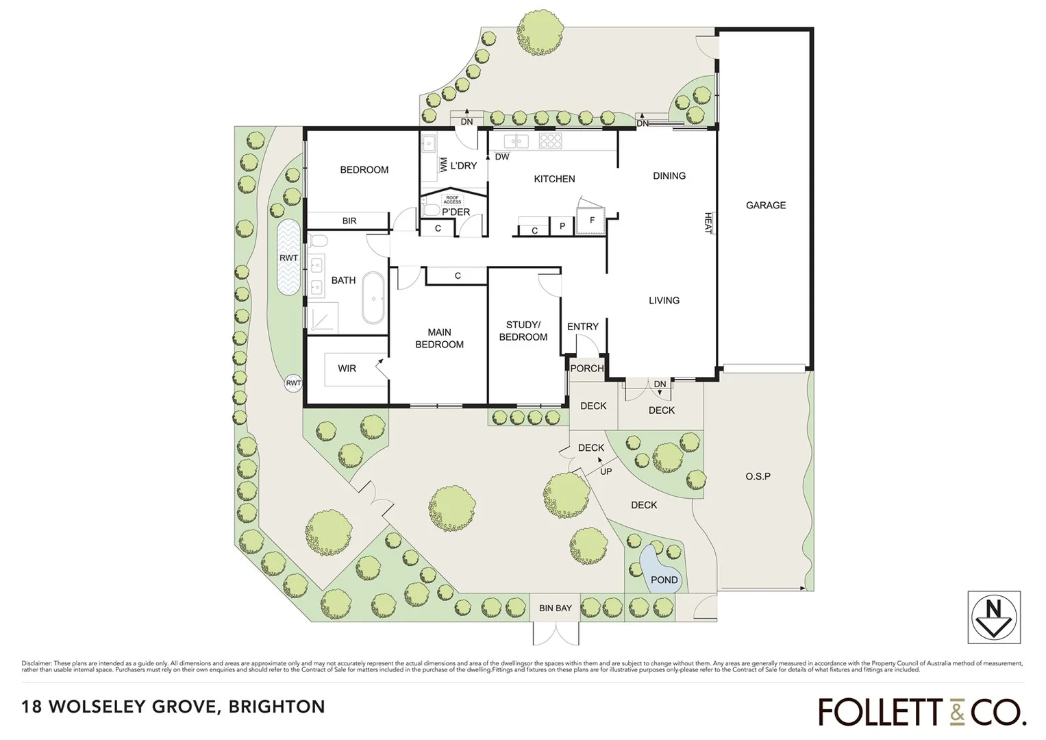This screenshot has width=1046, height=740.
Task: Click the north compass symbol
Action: pos(994,617)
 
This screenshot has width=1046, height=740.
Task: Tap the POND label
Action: pos(664,580)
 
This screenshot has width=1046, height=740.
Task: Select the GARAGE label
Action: pos(766,205)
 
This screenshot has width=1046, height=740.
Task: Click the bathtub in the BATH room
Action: pos(373,298)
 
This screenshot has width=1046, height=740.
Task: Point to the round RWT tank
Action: pos(293,383)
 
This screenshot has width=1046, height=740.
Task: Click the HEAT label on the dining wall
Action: pos(708,222)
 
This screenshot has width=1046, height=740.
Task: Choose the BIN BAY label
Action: pos(555,608)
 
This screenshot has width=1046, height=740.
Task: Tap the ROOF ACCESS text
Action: pos(452,199)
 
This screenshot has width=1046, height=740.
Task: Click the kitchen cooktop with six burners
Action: pos(551,140)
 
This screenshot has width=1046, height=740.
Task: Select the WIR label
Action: pos(347,369)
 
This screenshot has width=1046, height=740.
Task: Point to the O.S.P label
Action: pos(758,476)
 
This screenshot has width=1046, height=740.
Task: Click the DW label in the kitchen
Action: pos(502,156)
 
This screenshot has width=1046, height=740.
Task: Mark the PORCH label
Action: pos(586,368)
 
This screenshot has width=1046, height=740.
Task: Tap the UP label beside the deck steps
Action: pos(606,471)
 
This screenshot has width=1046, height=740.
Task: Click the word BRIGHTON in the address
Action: pos(277,706)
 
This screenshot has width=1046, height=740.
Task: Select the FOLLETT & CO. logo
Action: pos(922,711)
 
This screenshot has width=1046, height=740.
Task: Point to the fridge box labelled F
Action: pos(592,221)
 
